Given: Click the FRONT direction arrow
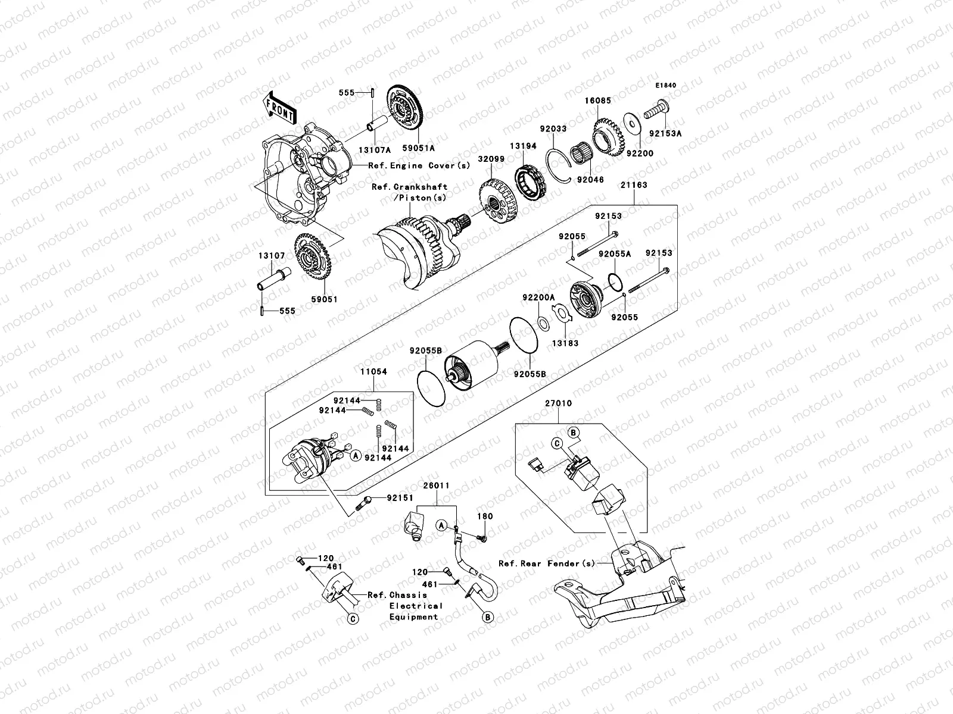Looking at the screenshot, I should tap(281, 107).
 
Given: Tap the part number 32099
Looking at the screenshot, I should tap(490, 159).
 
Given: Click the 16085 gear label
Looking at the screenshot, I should tap(597, 101).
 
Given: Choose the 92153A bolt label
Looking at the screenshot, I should tap(665, 134).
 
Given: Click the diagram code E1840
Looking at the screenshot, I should tap(667, 86).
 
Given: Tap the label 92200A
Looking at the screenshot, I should tap(538, 297).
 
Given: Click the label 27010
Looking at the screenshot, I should tap(558, 403).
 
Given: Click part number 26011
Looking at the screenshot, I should tap(436, 486).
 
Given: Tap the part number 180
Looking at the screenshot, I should tap(485, 516).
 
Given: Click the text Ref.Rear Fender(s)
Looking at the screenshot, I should tap(547, 563).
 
